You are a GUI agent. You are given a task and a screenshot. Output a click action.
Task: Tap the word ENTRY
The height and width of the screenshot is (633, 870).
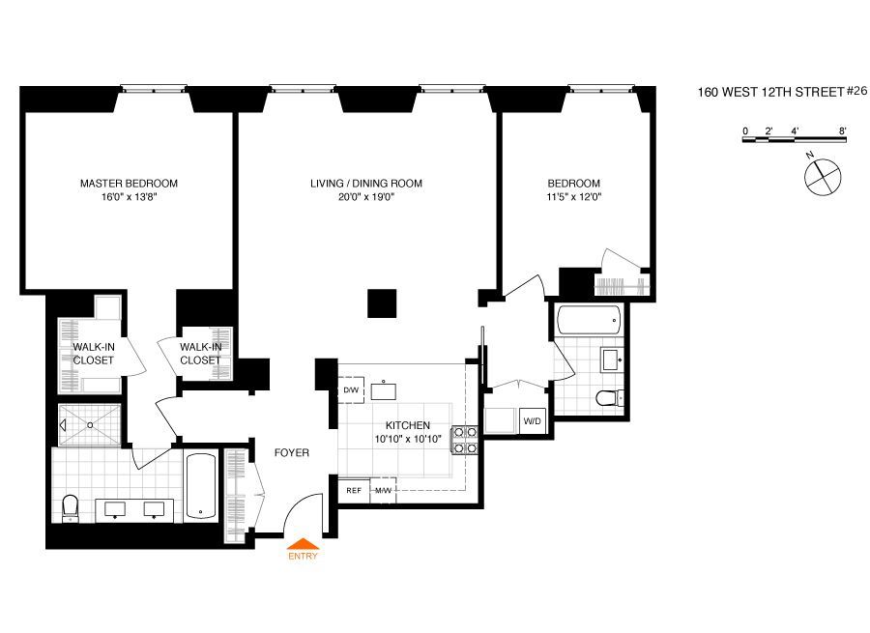[x=302, y=556]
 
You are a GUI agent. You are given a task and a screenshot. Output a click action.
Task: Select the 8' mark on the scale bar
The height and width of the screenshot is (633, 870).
[x=843, y=130]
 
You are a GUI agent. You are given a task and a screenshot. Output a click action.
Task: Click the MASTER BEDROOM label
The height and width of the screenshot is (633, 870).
[x=129, y=184]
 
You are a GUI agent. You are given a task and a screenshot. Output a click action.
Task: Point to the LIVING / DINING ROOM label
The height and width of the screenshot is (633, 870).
[x=366, y=184]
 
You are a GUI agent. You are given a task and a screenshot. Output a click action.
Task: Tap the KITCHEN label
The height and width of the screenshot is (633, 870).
[x=407, y=426]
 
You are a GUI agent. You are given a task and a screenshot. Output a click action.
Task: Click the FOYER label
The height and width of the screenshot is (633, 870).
[x=291, y=452]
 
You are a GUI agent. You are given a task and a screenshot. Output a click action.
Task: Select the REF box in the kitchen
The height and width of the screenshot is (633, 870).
[x=353, y=490]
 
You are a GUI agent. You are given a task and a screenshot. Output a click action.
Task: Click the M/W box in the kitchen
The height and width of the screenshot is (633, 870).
[x=383, y=490]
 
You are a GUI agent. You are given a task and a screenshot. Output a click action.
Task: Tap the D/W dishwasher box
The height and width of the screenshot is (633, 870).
[x=350, y=390]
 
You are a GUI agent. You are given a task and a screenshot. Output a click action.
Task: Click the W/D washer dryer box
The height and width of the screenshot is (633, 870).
[x=531, y=421]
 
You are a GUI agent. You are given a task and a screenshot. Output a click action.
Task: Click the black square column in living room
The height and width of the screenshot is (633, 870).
[x=382, y=302]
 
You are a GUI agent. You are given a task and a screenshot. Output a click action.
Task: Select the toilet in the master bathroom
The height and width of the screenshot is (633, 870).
[x=70, y=506]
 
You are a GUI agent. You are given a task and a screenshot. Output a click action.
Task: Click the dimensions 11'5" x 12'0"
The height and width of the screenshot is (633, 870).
[x=574, y=197]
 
